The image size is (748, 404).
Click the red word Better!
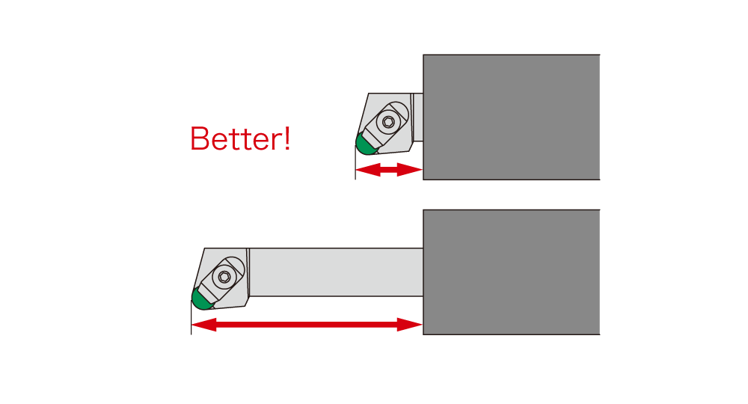[240, 139]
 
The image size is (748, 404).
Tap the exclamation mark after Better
[286, 139]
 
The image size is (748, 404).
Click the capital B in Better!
[200, 139]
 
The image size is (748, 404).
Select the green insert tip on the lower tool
[201, 299]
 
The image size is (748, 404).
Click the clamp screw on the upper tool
[388, 122]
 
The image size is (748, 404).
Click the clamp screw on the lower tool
[224, 277]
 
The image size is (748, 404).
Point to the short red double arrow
[389, 169]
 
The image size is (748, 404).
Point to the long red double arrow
[307, 325]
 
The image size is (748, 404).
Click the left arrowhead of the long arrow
[203, 325]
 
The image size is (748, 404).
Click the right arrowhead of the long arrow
[410, 325]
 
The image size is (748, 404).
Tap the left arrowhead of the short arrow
[368, 169]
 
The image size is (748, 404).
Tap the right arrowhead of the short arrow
[410, 169]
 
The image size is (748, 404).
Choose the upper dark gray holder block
[512, 117]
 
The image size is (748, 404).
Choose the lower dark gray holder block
[512, 272]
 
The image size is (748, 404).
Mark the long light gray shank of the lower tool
[336, 272]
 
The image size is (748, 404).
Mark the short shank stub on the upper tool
[417, 117]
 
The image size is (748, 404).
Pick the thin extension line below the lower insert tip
[191, 317]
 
